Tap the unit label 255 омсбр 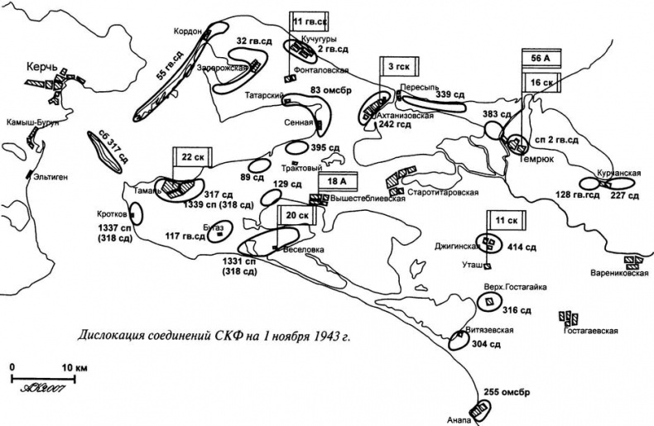[x=507, y=392]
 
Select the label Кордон [x=188, y=31]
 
